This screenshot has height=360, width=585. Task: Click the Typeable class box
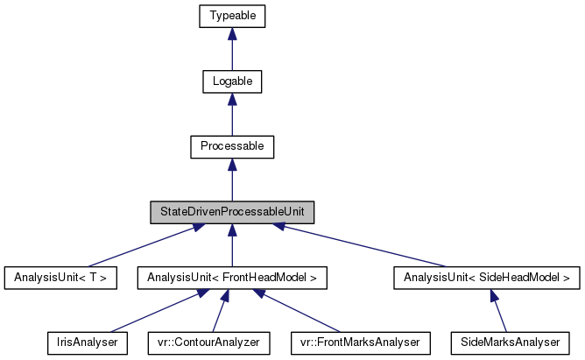[x=232, y=16]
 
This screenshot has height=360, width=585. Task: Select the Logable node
[x=232, y=81]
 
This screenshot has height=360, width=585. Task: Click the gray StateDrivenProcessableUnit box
[x=232, y=213]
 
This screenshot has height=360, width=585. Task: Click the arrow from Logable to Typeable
[x=232, y=48]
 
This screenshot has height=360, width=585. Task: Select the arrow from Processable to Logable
[x=232, y=114]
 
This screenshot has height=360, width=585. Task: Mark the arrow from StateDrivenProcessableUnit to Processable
[x=232, y=180]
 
